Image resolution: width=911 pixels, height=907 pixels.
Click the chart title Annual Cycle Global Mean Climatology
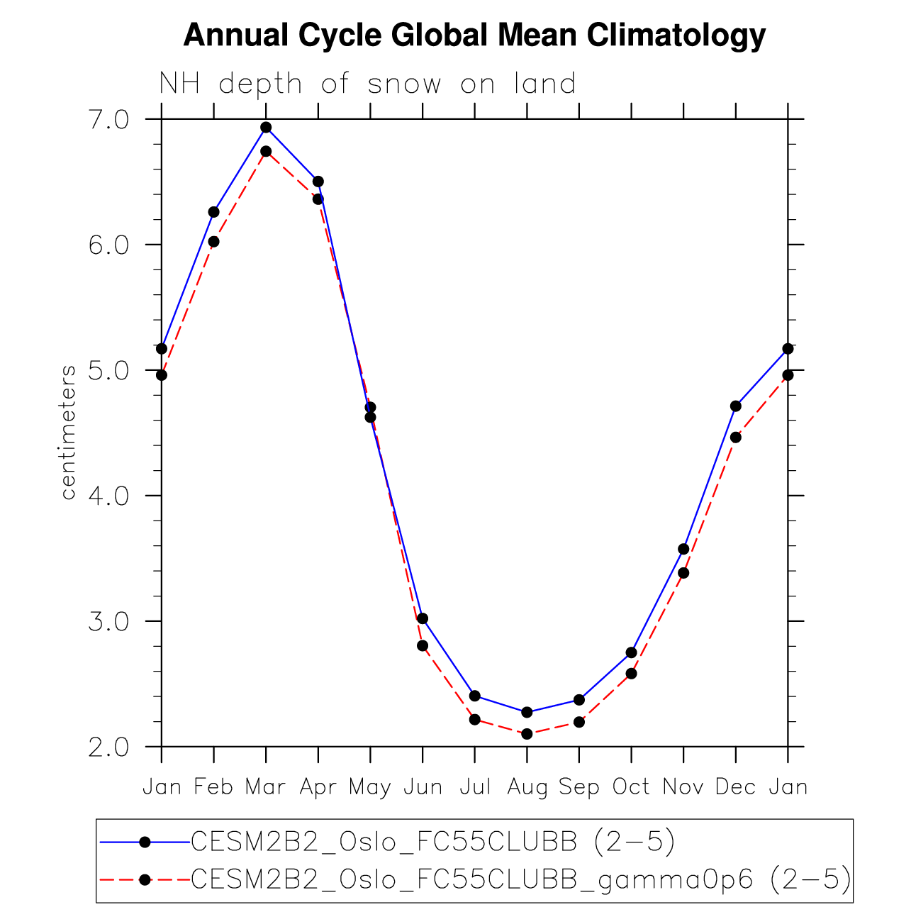(474, 35)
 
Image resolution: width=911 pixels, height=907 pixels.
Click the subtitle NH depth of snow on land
(367, 84)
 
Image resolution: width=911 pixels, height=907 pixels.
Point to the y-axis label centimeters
(68, 433)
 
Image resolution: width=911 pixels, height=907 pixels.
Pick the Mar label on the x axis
(265, 787)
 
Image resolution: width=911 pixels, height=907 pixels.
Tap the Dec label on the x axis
(735, 787)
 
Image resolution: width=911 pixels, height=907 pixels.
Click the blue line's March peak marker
(266, 128)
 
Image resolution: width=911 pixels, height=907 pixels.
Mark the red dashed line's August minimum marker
(527, 734)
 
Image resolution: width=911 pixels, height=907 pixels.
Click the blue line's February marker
(213, 212)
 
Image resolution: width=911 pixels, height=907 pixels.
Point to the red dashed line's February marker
(213, 242)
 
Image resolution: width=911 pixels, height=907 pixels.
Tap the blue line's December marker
(735, 406)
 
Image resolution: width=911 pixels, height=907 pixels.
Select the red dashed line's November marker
(683, 573)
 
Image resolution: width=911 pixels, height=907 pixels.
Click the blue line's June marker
(423, 618)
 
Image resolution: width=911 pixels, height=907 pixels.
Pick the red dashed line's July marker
(475, 720)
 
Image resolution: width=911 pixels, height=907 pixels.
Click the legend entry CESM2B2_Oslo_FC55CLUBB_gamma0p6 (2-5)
(521, 879)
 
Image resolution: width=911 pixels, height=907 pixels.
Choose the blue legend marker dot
(145, 842)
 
